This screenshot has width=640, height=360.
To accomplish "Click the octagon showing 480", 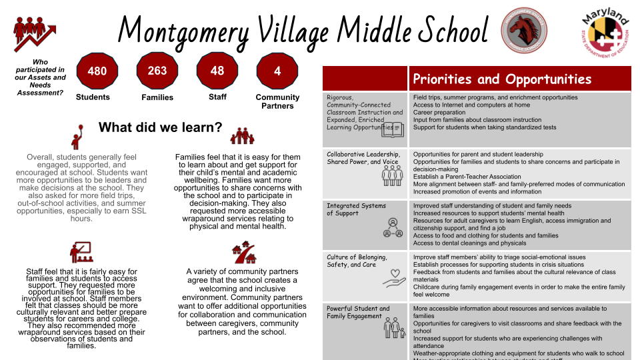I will point(97,71).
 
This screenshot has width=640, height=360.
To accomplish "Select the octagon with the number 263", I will point(157,70).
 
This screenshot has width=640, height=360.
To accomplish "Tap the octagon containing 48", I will point(217,70).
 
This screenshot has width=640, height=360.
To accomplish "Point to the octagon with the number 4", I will point(277,71).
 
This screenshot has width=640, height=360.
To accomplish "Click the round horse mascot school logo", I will point(524,30).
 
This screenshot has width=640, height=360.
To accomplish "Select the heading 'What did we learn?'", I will point(161,127).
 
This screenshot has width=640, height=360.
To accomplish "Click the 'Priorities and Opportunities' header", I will point(502,79).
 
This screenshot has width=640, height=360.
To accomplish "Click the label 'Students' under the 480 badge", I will point(93,97).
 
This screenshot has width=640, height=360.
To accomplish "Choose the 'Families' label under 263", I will point(157,97).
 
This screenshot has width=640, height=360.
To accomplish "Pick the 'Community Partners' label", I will point(277,101).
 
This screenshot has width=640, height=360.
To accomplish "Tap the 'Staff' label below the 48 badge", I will point(217,97).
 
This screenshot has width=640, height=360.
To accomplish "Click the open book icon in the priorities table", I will point(393,128).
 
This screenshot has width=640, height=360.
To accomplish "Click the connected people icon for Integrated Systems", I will point(392,227).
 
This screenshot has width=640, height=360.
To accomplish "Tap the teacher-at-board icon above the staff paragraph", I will point(81,252).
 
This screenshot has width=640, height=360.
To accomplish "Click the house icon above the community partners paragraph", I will point(243,253).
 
